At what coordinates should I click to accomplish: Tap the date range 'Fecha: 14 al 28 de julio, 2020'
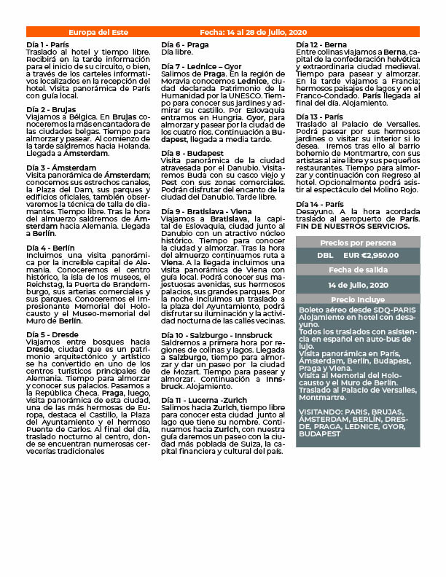click(x=253, y=33)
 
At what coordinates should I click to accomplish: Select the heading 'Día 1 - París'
click(x=47, y=45)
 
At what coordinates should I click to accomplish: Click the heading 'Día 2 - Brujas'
click(x=50, y=109)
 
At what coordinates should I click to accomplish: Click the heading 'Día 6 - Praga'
click(x=184, y=45)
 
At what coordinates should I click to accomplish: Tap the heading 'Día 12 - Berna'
click(x=322, y=45)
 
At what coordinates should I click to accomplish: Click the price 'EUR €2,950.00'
click(x=370, y=256)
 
